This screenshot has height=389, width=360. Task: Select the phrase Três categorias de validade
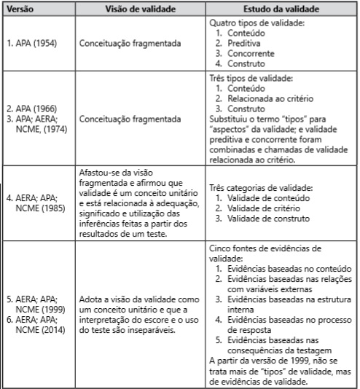[259, 188]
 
